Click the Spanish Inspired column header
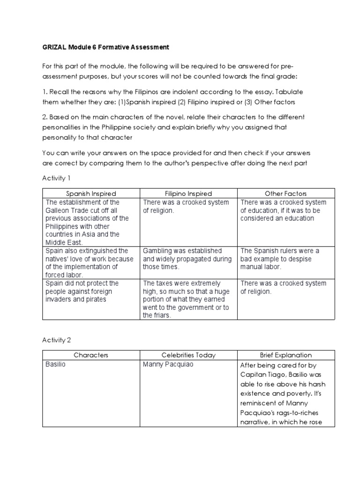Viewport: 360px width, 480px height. click(90, 194)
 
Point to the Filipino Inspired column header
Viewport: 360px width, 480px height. click(188, 194)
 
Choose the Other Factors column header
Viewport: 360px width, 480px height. click(285, 194)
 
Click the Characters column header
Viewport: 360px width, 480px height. click(90, 355)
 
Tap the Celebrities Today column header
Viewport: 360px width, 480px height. click(188, 355)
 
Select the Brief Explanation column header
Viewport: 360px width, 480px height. click(285, 355)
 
